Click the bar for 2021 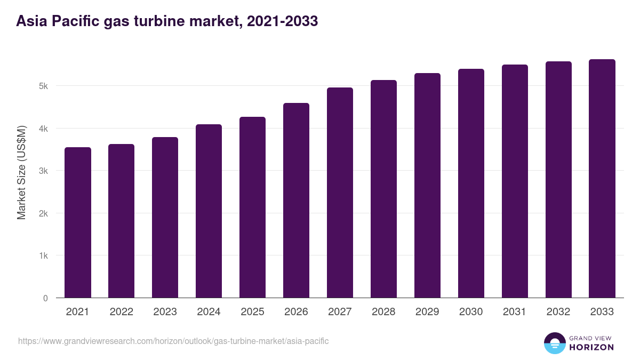coord(78,222)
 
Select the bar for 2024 coord(209,211)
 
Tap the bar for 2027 coord(340,193)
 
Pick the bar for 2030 coord(471,183)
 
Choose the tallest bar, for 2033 coord(602,179)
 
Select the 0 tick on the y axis coord(46,298)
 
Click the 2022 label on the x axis coord(122,312)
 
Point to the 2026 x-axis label coord(296,312)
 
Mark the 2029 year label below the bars coord(427,312)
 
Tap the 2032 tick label coord(558,312)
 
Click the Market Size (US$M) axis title coord(21,172)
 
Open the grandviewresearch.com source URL coord(173,341)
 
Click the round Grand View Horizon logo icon coord(554,343)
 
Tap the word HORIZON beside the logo coord(591,347)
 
